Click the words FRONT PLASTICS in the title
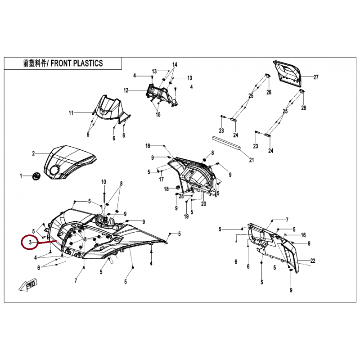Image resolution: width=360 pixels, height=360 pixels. tap(76, 63)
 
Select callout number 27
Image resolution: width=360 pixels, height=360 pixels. tap(316, 77)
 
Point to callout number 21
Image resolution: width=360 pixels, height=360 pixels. tap(252, 160)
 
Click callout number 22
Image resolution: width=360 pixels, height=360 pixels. tap(312, 261)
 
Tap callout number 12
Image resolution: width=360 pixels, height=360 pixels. tap(126, 90)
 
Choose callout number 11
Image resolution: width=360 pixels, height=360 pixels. tap(71, 113)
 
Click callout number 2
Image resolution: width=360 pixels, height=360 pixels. tap(33, 153)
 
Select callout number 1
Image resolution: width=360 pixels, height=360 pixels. tap(21, 176)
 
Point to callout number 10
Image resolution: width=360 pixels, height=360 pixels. tap(104, 182)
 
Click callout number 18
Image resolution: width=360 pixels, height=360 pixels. tap(166, 189)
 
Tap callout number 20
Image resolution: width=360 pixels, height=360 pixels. tap(203, 204)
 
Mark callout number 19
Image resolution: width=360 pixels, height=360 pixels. tap(186, 216)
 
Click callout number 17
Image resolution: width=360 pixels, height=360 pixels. tap(162, 179)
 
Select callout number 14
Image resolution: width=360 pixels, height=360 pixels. tap(175, 64)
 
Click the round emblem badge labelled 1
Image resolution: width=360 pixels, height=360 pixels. tap(36, 176)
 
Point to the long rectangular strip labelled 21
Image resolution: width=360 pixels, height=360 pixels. tap(226, 143)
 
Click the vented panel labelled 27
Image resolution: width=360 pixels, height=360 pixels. tap(287, 74)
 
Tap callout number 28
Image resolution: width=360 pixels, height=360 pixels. tap(181, 196)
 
